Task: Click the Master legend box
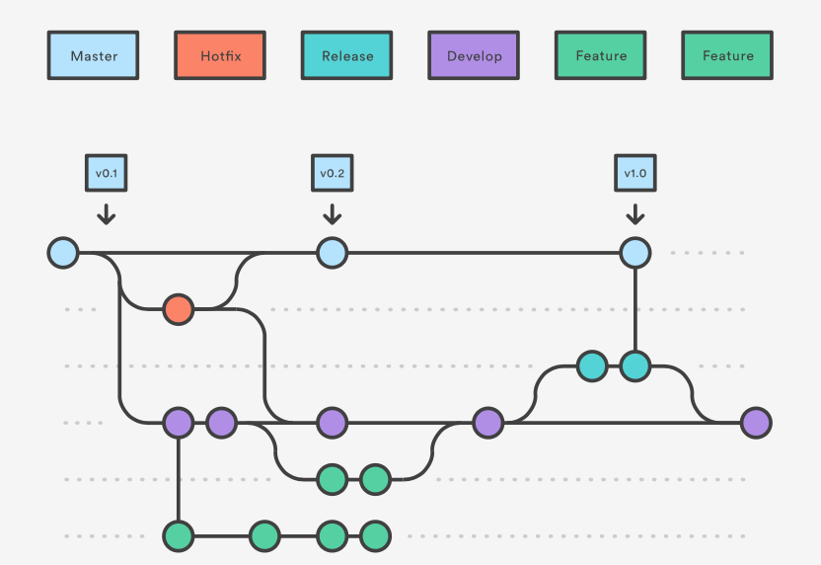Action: click(94, 55)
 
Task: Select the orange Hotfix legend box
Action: click(220, 55)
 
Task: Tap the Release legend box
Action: click(346, 55)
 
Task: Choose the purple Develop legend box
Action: click(474, 55)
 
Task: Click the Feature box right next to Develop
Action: click(600, 55)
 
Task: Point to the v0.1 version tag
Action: click(107, 173)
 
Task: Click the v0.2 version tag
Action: click(332, 173)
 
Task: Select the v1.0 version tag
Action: click(634, 173)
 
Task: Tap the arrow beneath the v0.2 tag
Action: click(332, 213)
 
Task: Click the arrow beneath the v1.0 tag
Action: click(634, 213)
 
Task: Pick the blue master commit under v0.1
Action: click(63, 253)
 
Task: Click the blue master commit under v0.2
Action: click(332, 253)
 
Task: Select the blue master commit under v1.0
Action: click(634, 253)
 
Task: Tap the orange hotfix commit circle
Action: click(178, 309)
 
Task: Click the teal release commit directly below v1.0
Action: click(634, 366)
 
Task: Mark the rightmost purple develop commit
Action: click(755, 423)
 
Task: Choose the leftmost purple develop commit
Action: click(178, 423)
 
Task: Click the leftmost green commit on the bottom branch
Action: click(178, 536)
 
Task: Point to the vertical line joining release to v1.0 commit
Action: click(634, 309)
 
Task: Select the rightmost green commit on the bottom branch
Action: click(375, 536)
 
